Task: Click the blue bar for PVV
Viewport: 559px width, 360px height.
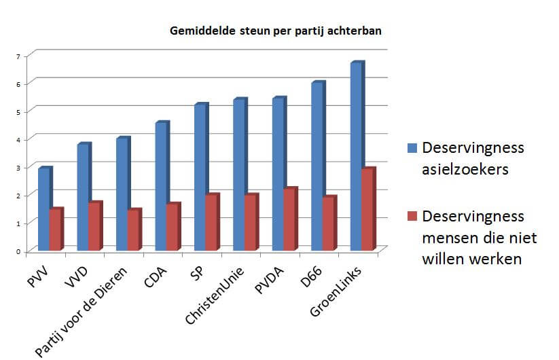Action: pyautogui.click(x=43, y=209)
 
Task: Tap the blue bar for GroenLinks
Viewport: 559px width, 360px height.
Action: pyautogui.click(x=356, y=156)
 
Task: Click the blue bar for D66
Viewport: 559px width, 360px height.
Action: pyautogui.click(x=317, y=166)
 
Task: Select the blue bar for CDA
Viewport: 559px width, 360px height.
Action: pyautogui.click(x=161, y=186)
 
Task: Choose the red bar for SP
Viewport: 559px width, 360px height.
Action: pyautogui.click(x=211, y=222)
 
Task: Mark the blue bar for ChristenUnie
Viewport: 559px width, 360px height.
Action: pyautogui.click(x=238, y=175)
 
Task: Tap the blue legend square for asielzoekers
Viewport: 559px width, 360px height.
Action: pyautogui.click(x=410, y=147)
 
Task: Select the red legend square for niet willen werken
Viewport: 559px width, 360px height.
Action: pyautogui.click(x=410, y=217)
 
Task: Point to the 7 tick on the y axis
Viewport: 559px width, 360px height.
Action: pyautogui.click(x=18, y=55)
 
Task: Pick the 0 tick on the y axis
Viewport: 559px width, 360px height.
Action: pyautogui.click(x=18, y=251)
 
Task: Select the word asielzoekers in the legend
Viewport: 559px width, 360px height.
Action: pyautogui.click(x=465, y=169)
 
